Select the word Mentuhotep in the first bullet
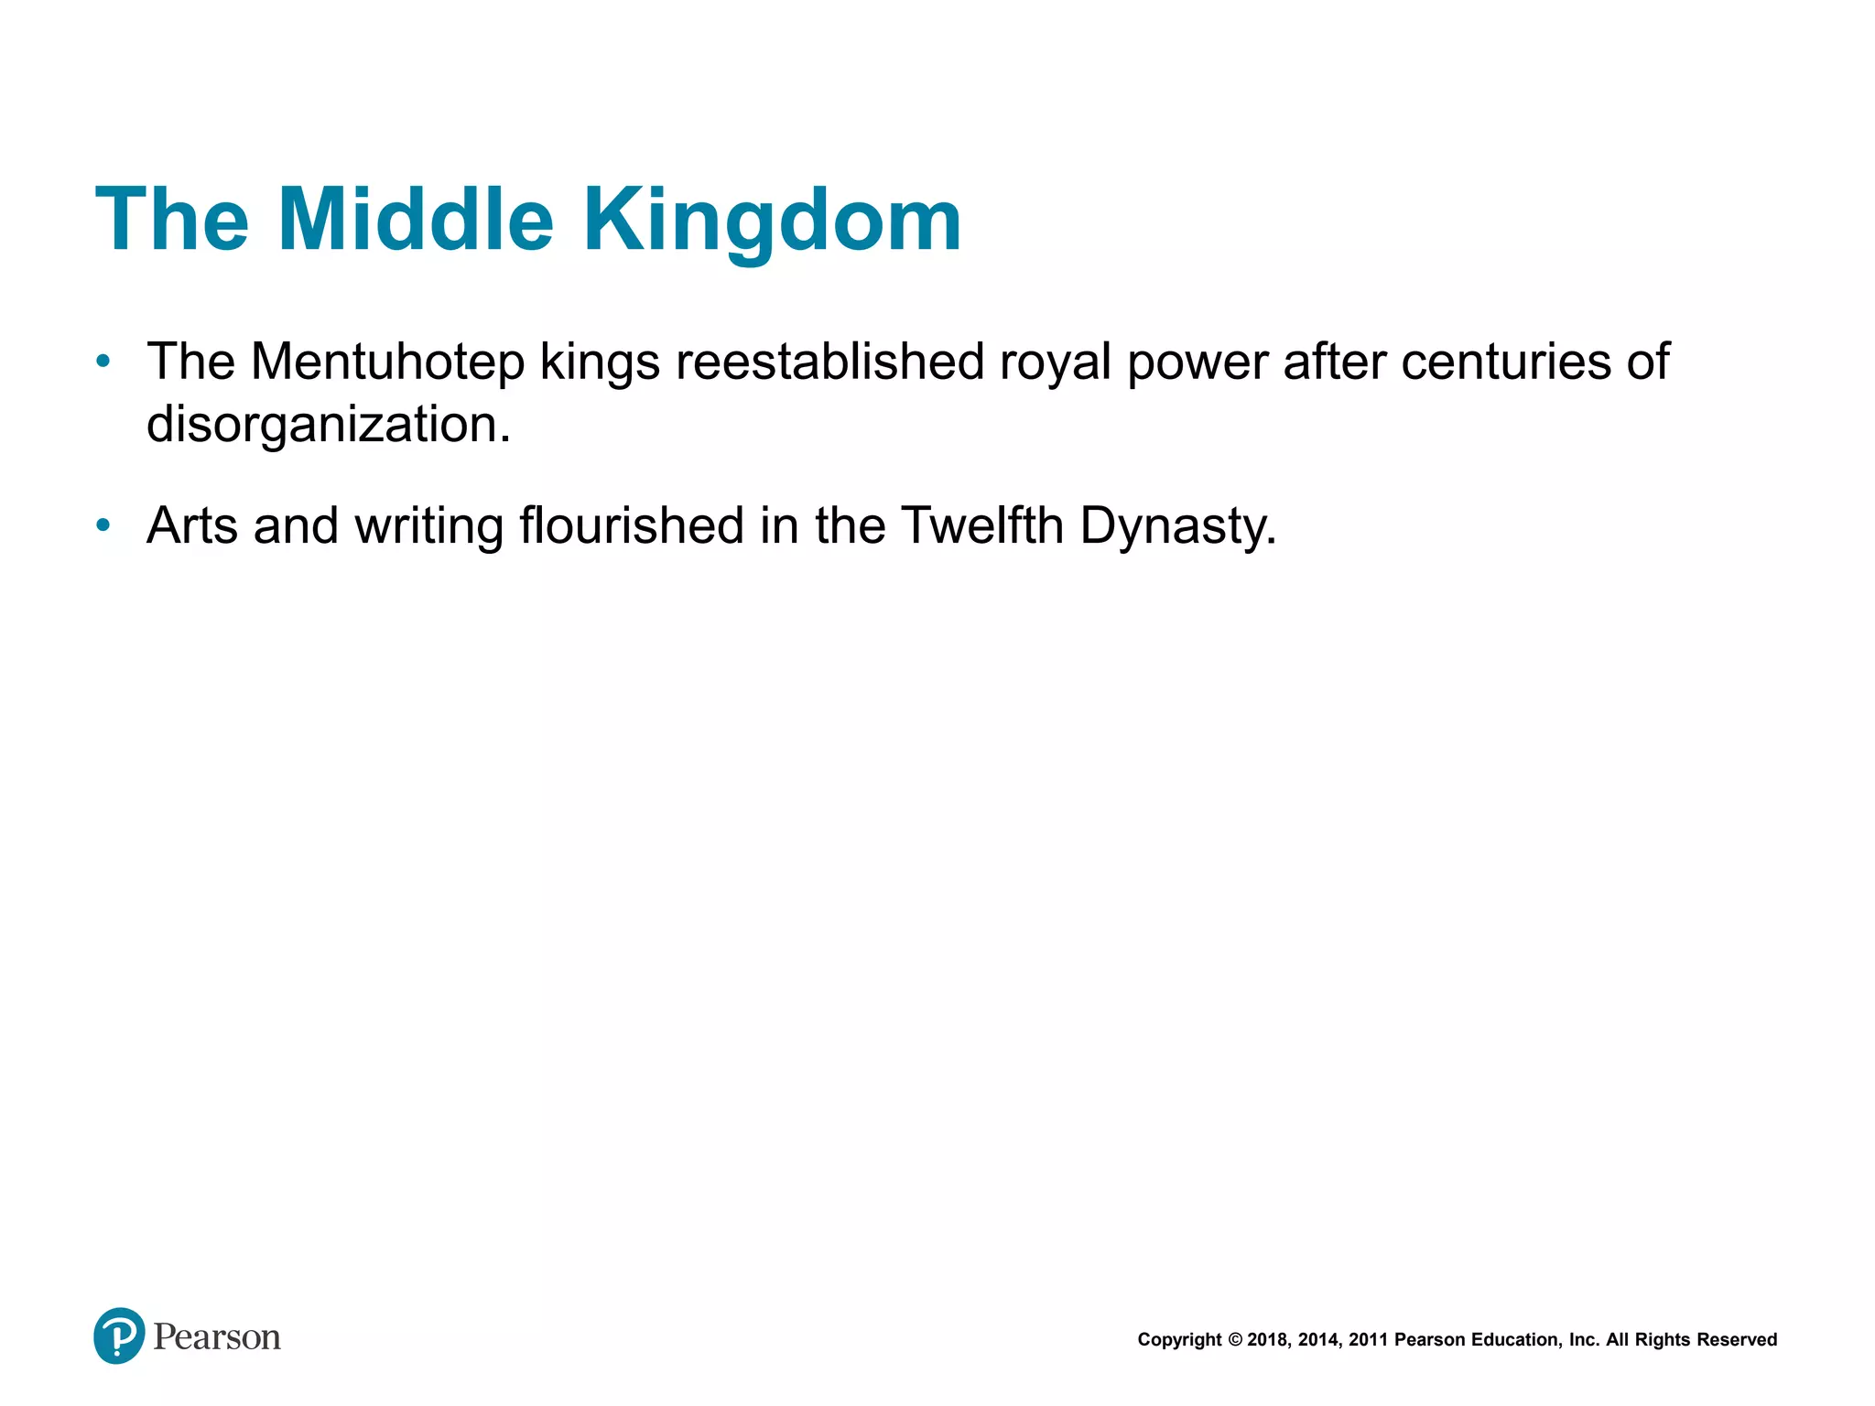point(387,362)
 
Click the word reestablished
point(829,362)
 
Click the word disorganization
point(328,424)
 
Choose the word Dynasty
point(1176,525)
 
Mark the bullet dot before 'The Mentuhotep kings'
point(103,362)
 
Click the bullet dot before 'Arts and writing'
point(103,525)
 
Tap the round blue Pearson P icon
point(119,1336)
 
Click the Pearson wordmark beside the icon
point(217,1336)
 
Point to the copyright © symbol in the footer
point(1235,1340)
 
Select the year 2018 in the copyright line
point(1268,1340)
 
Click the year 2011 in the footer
point(1368,1340)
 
